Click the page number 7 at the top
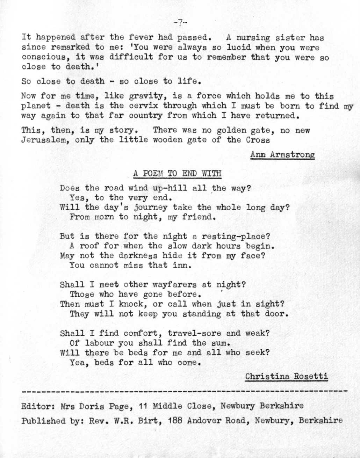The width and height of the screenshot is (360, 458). (x=180, y=23)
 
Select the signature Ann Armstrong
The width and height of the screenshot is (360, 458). (x=282, y=155)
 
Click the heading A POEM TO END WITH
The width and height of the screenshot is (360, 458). (x=177, y=174)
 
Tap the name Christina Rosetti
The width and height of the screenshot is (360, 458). (x=286, y=376)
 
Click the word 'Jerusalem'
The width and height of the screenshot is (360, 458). (x=45, y=140)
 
